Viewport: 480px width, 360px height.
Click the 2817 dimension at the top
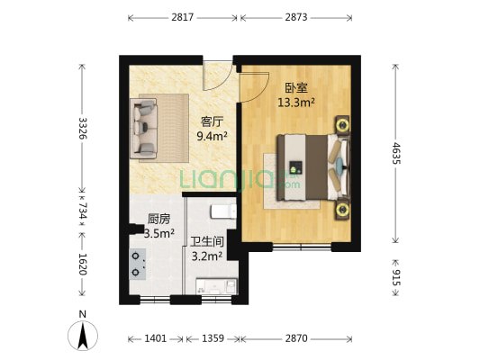tap(183, 17)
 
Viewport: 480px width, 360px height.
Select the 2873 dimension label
tap(298, 17)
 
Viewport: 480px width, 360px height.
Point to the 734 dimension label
tap(83, 211)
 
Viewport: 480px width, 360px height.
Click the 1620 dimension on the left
tap(83, 264)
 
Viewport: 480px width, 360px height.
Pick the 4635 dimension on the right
tap(397, 151)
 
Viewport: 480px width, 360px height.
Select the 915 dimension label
tap(397, 273)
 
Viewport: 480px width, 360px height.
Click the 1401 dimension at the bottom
tap(155, 338)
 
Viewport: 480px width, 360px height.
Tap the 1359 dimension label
tap(212, 338)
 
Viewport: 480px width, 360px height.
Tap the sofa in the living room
tap(146, 128)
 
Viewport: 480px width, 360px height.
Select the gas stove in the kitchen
tap(136, 262)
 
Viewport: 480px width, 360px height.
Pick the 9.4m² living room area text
tap(213, 137)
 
